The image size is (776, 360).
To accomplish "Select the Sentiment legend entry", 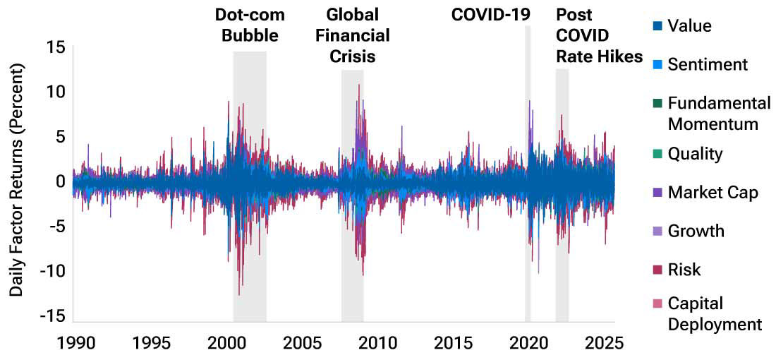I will click(x=708, y=65).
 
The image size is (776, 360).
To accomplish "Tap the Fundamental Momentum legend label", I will click(x=719, y=114).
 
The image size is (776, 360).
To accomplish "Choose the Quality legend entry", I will click(x=695, y=154).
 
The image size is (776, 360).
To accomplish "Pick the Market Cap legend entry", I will click(x=713, y=192).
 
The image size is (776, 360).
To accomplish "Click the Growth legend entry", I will click(x=696, y=231).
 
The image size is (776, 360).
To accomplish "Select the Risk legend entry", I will click(x=684, y=270).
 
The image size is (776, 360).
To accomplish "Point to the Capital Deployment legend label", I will click(x=715, y=313).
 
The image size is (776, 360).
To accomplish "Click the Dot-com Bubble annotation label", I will click(x=246, y=25).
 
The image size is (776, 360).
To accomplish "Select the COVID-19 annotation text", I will click(x=491, y=15).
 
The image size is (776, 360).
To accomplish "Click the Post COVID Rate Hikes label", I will click(x=599, y=35).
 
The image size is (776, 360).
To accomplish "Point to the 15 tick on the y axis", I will click(x=57, y=47).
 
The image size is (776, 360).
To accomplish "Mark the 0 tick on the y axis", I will click(x=61, y=181).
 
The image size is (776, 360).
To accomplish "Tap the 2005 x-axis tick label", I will click(x=302, y=344).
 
